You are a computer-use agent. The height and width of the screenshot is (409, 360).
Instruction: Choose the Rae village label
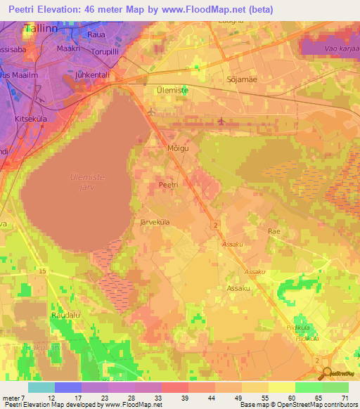(x=274, y=231)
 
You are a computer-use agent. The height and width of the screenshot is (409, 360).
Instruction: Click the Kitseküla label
(x=30, y=119)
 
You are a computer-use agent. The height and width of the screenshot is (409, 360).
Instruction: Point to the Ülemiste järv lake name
(x=88, y=182)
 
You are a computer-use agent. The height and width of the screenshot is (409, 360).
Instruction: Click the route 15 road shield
(x=43, y=271)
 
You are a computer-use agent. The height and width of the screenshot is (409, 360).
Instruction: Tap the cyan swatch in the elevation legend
(x=41, y=387)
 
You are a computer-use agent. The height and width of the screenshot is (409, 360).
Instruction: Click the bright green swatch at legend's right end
(x=335, y=387)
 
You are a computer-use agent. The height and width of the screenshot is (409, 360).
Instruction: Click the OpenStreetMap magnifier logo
(x=328, y=372)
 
